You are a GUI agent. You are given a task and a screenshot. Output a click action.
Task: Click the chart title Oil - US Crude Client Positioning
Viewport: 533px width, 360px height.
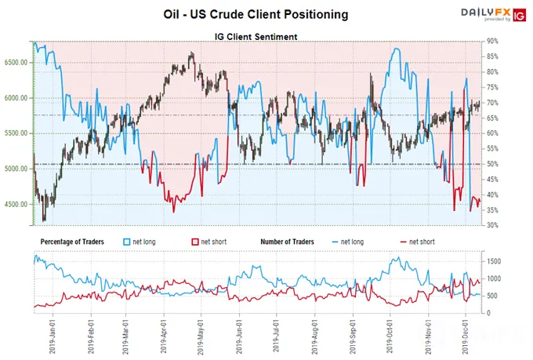(256, 14)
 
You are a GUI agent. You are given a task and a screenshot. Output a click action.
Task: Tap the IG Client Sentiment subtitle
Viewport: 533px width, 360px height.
(256, 36)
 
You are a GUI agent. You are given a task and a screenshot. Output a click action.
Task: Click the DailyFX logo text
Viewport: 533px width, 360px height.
(486, 13)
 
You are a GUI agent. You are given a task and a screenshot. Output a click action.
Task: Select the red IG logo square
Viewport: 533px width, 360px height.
(520, 16)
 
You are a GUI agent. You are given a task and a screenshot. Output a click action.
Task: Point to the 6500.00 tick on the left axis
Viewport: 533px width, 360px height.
(16, 63)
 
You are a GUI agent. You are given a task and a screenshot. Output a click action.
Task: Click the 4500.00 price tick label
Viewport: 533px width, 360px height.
(16, 204)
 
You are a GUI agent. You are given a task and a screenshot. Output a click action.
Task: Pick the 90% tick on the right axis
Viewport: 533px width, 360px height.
(492, 41)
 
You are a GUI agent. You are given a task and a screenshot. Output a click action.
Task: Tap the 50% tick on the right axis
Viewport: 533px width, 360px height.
(492, 164)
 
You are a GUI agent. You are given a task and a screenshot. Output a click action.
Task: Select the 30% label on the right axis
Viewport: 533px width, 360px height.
(492, 225)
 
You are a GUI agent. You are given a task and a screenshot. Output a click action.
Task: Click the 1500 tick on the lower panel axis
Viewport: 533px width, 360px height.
(494, 261)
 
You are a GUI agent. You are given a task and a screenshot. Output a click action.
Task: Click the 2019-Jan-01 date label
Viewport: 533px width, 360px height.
(53, 336)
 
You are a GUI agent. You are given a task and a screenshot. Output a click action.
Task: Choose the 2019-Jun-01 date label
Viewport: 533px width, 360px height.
(239, 336)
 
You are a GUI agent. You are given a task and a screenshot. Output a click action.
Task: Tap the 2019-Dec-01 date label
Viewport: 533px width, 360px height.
(466, 336)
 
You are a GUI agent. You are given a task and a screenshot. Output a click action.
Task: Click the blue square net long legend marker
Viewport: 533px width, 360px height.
(127, 242)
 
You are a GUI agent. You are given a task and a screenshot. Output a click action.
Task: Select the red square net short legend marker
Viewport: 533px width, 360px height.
(195, 242)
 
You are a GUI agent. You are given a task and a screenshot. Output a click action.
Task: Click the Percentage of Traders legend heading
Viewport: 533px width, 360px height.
(72, 242)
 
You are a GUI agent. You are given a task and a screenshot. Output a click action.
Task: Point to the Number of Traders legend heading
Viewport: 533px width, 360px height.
(287, 242)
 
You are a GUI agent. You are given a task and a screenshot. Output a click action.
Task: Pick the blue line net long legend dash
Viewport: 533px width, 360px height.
(335, 242)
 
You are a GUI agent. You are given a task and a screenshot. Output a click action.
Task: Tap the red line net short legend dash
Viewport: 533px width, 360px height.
(404, 242)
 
